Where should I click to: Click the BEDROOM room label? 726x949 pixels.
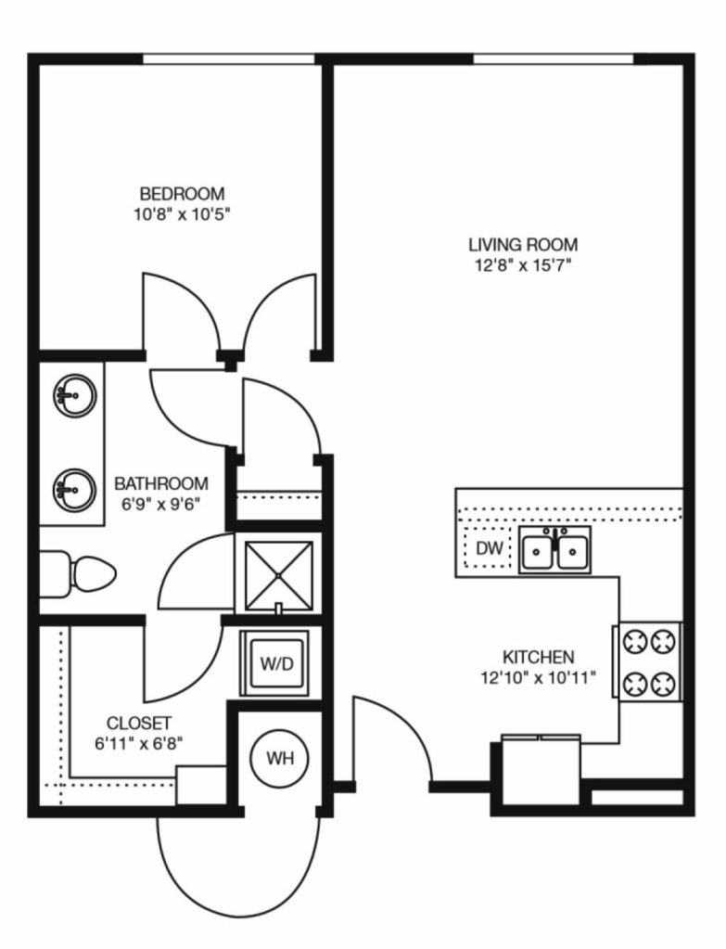pos(182,194)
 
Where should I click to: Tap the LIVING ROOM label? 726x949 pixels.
pos(523,245)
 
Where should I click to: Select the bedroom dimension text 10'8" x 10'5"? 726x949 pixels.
pos(183,214)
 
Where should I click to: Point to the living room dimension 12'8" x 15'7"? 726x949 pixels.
pos(523,265)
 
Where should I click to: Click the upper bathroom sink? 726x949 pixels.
pos(75,396)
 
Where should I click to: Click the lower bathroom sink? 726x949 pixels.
pos(75,490)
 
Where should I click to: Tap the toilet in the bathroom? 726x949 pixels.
pos(78,573)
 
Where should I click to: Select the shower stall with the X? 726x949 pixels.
pos(278,575)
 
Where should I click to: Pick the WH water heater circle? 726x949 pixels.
pos(279,758)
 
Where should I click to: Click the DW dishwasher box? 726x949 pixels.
pos(489,547)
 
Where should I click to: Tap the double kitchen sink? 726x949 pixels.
pos(554,549)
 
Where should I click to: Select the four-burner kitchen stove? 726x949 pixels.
pos(650,661)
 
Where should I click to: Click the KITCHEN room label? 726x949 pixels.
pos(539,657)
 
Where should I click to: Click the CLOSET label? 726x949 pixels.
pos(138,723)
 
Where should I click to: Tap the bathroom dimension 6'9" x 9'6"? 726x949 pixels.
pos(161,504)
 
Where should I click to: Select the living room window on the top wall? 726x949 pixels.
pos(553,58)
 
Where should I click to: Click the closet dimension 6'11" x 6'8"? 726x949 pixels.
pos(138,743)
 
